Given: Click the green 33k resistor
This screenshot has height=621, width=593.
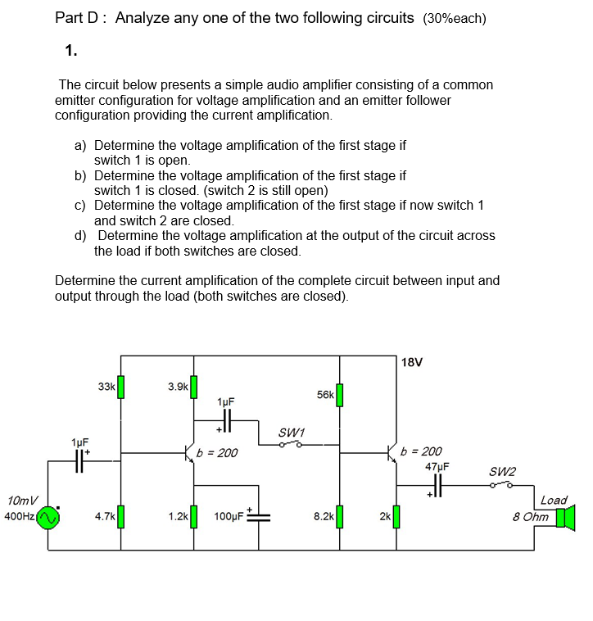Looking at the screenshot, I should (120, 387).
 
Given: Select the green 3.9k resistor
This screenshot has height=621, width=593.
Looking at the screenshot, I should (194, 386).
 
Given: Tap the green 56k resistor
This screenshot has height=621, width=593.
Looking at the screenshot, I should (339, 395).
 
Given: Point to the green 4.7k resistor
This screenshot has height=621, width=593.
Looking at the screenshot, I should (120, 517).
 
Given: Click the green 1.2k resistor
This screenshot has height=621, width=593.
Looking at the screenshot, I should (194, 517).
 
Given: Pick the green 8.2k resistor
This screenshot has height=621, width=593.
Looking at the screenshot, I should (339, 517).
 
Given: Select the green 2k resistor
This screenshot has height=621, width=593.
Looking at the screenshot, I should (396, 517).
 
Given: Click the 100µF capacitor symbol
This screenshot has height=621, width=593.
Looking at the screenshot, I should (260, 516).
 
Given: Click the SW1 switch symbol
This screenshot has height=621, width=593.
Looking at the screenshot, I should (290, 444).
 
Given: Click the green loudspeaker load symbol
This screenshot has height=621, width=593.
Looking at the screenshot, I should (565, 518).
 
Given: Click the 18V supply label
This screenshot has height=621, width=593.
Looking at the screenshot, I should (413, 362).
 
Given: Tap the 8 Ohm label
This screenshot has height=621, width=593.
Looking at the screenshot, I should (531, 517).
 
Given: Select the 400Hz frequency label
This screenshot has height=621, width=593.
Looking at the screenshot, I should (19, 516).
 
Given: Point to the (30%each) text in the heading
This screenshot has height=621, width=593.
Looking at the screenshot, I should (455, 19).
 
